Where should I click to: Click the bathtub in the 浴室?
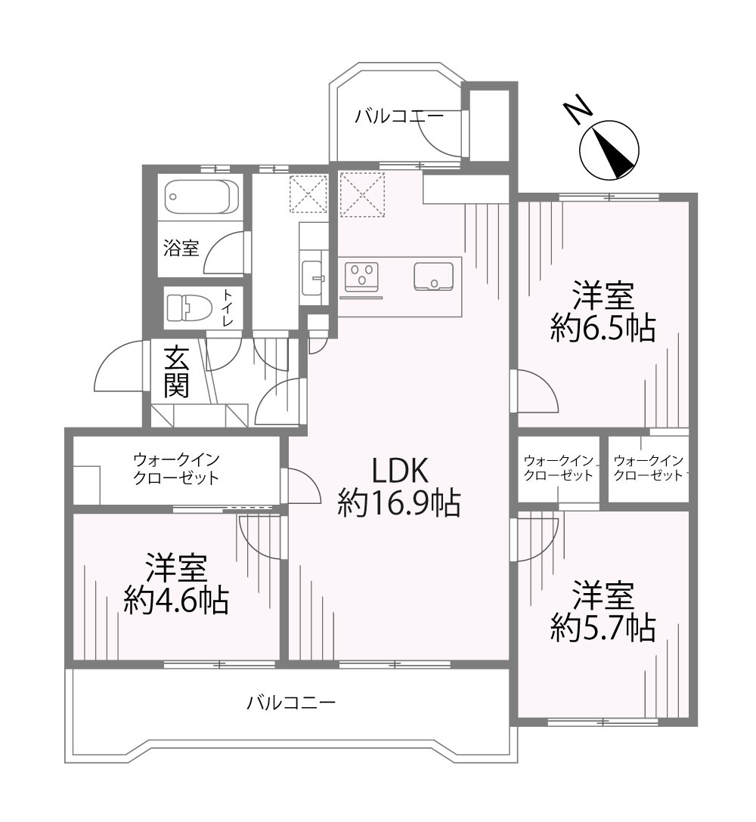(202, 197)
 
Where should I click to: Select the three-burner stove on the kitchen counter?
(361, 276)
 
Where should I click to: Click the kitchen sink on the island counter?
(433, 277)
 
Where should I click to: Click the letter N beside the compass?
(578, 110)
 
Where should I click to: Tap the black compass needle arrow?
(613, 152)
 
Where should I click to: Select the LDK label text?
(400, 470)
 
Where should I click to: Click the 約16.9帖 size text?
(398, 502)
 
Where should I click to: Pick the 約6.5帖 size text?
(603, 329)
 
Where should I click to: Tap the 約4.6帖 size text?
(176, 601)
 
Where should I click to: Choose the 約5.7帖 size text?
(603, 627)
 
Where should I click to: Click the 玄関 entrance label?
(175, 372)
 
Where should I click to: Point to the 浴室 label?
(181, 248)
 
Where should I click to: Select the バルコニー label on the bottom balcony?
(291, 702)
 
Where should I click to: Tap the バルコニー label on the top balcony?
(398, 116)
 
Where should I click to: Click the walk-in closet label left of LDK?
(175, 469)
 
